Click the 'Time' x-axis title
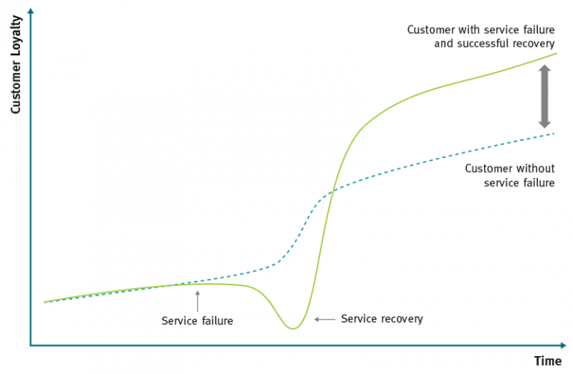pyautogui.click(x=547, y=361)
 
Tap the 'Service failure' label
pyautogui.click(x=197, y=321)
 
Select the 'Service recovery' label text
pyautogui.click(x=381, y=319)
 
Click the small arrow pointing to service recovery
pyautogui.click(x=324, y=319)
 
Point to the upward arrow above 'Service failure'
pyautogui.click(x=197, y=299)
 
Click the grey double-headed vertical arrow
pyautogui.click(x=545, y=96)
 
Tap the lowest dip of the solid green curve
pyautogui.click(x=294, y=328)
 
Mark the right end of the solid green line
pyautogui.click(x=556, y=53)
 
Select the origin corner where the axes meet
pyautogui.click(x=31, y=346)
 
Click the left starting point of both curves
pyautogui.click(x=45, y=302)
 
